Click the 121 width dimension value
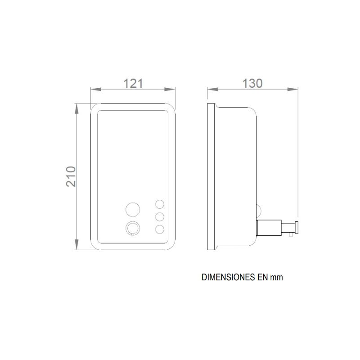click(133, 84)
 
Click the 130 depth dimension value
click(252, 84)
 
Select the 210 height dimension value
click(71, 176)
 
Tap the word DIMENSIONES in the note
click(228, 277)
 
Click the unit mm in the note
click(276, 278)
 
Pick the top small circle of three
click(160, 204)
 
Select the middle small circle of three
click(160, 217)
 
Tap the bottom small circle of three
click(160, 229)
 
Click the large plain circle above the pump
click(133, 210)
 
